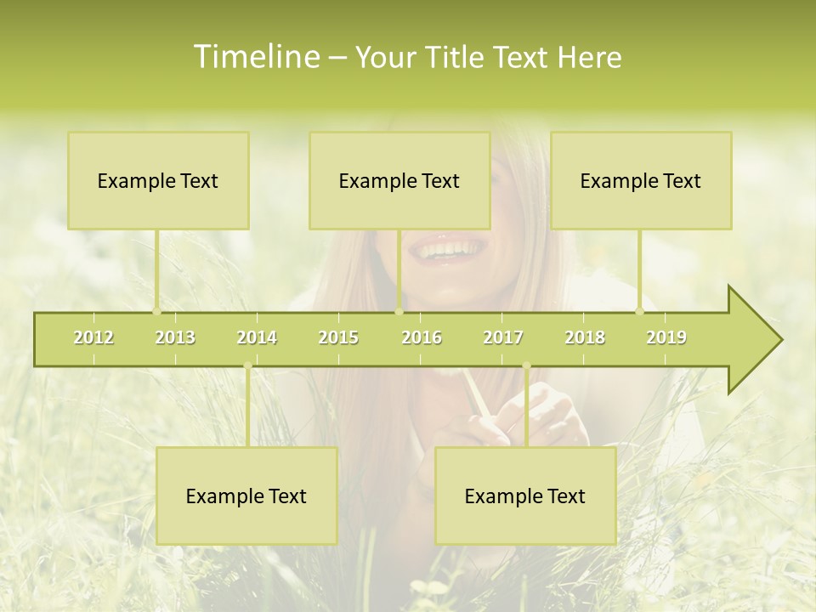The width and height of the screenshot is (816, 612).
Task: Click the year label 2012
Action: coord(93,337)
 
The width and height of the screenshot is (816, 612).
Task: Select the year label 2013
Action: coord(175,337)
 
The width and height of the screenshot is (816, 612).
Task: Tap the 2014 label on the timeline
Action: coord(257,337)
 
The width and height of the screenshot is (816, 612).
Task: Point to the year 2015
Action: coord(338,337)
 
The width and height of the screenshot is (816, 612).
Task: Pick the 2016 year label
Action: coord(422,337)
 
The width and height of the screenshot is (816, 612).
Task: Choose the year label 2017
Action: coord(503,337)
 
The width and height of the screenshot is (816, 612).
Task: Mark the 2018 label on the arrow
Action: coord(585,337)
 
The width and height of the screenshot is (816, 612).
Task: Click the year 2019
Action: coord(666,337)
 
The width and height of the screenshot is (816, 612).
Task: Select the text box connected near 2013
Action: coord(158,180)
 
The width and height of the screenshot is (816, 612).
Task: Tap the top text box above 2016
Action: coord(399,180)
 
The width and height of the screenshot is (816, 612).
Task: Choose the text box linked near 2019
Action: coord(641,180)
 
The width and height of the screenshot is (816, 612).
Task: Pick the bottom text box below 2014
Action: coord(246,496)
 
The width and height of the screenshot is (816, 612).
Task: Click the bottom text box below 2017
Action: coord(525,496)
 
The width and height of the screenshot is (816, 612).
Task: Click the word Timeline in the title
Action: coord(255,57)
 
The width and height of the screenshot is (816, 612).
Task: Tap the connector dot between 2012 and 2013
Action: coord(156,311)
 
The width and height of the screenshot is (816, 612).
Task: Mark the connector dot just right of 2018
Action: coord(640,311)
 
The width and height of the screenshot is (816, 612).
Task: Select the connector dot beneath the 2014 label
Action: coord(247,366)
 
